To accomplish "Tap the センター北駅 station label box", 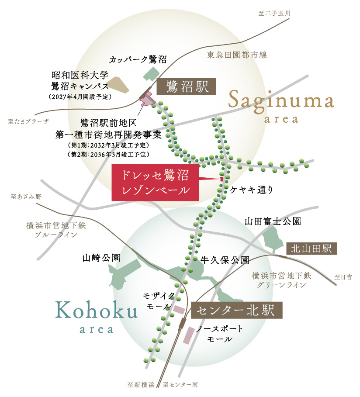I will (x=237, y=311).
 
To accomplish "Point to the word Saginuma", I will (x=281, y=101).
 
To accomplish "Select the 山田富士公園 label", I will (x=273, y=222).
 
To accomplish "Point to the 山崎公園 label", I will (x=101, y=258).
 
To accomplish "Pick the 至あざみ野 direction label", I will (x=26, y=197).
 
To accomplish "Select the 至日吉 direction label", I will (x=343, y=276).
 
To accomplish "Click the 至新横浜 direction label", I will (x=141, y=385).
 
